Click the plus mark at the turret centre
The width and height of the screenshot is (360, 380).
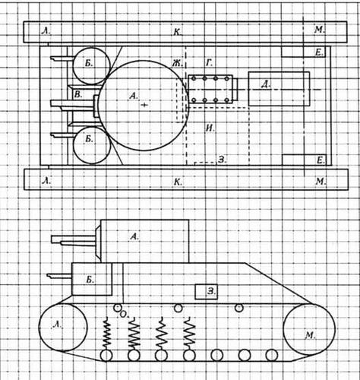(x=144, y=105)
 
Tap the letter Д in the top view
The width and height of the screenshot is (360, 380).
(x=265, y=84)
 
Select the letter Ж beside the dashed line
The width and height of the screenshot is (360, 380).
(x=177, y=63)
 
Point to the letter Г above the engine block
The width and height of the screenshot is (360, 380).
(x=209, y=63)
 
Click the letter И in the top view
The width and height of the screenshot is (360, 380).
(x=210, y=128)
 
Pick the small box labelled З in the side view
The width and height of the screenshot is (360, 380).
(x=206, y=292)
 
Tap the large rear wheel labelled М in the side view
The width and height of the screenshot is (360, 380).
(x=309, y=329)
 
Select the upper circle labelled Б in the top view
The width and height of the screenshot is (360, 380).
(x=92, y=65)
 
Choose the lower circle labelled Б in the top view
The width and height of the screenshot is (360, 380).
(x=92, y=145)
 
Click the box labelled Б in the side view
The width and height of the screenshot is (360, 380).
(x=92, y=279)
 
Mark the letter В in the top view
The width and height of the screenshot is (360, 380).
(x=78, y=95)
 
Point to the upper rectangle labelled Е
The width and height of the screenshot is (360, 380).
(x=303, y=52)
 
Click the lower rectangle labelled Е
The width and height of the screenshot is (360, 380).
(x=304, y=160)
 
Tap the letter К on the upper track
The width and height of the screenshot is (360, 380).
(x=178, y=32)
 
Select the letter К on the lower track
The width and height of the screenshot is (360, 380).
(x=178, y=182)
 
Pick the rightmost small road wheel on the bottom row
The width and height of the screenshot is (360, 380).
(x=272, y=355)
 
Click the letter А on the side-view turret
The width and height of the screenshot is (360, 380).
(x=134, y=236)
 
